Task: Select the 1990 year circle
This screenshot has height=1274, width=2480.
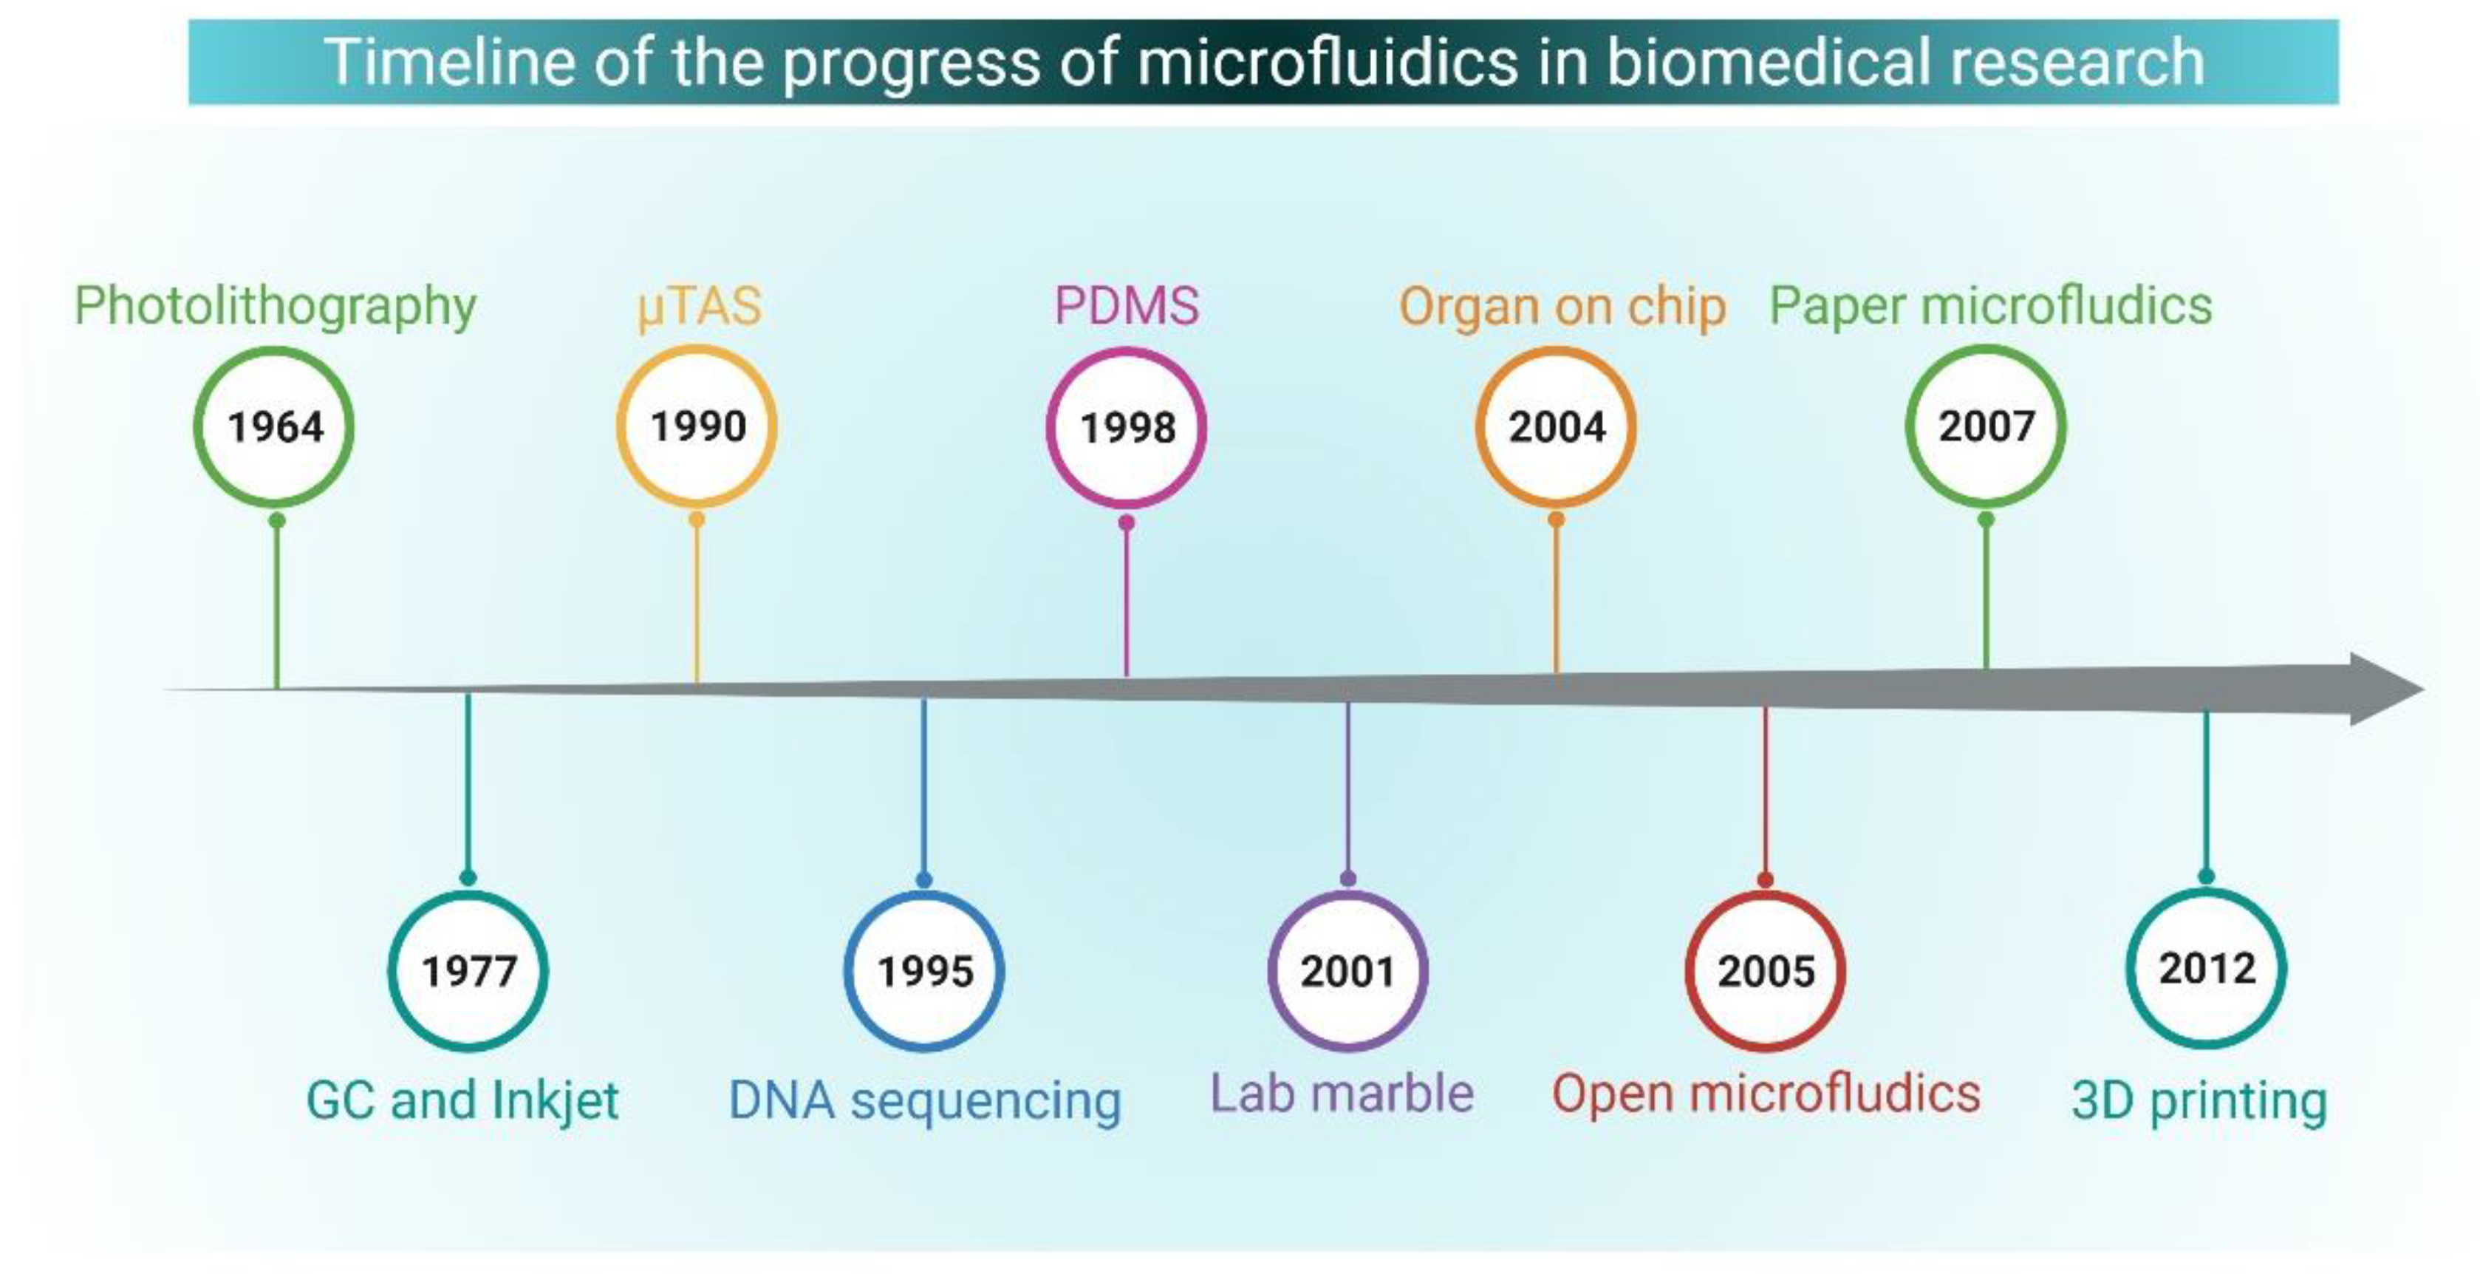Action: (x=697, y=426)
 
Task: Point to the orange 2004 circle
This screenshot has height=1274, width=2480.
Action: (x=1556, y=426)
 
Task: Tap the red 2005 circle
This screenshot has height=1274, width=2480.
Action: (x=1766, y=971)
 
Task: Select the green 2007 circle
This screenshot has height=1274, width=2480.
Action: (x=1985, y=426)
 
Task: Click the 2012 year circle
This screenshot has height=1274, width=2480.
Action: (x=2207, y=968)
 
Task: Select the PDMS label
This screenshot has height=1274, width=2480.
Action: (x=1127, y=306)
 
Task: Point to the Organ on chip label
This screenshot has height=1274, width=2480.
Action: (x=1562, y=307)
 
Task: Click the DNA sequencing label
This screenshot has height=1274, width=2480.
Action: (x=924, y=1100)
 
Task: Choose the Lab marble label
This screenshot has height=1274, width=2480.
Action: (x=1341, y=1094)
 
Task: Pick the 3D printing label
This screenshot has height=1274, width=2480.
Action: (x=2199, y=1100)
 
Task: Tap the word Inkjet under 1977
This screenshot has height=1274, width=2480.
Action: (x=555, y=1100)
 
